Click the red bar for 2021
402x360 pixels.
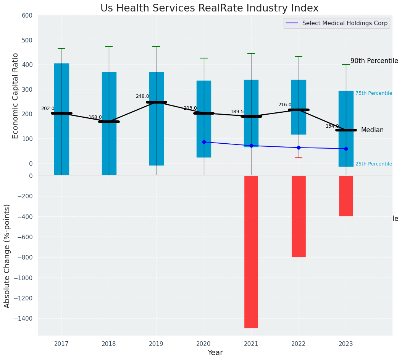(x=251, y=251)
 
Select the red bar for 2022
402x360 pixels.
(x=299, y=216)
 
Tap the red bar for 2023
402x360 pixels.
(x=346, y=196)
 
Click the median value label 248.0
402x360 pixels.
(x=142, y=96)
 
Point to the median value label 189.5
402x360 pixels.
(x=237, y=112)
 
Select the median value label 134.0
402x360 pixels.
(x=332, y=126)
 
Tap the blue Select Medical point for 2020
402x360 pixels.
(x=204, y=142)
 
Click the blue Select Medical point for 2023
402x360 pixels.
(x=346, y=149)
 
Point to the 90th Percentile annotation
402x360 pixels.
(x=374, y=61)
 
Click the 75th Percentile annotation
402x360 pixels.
(x=373, y=93)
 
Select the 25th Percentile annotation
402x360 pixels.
(x=373, y=164)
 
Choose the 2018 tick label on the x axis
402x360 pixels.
(x=109, y=344)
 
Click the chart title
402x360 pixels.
(x=209, y=8)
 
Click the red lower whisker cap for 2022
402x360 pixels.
(x=299, y=158)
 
